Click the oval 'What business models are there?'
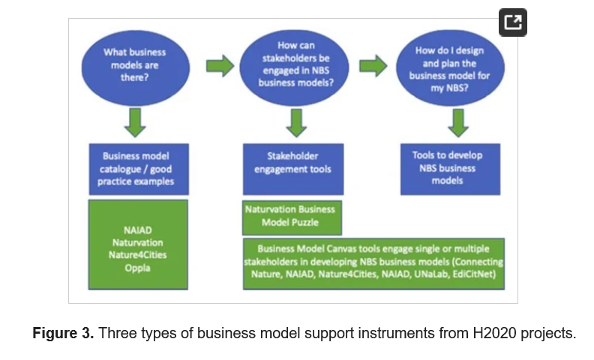click(135, 67)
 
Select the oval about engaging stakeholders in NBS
click(294, 67)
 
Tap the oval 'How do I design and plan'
click(451, 67)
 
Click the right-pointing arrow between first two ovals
click(220, 66)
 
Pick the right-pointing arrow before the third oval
click(373, 66)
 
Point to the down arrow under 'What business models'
click(135, 122)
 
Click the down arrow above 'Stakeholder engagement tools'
click(296, 123)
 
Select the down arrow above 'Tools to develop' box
click(458, 123)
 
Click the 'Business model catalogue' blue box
click(139, 169)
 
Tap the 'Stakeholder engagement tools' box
click(293, 169)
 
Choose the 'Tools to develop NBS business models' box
click(451, 169)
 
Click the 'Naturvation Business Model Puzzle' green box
click(292, 218)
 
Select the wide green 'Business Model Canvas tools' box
click(373, 264)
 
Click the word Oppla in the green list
click(137, 268)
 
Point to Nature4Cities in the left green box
click(137, 255)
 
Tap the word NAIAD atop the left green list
click(137, 230)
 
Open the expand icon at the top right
click(513, 22)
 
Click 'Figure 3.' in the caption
click(63, 334)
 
